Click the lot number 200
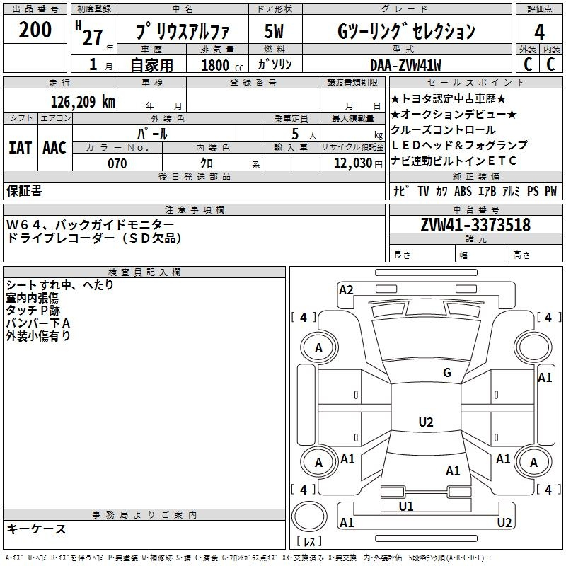[35, 30]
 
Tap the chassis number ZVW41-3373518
[475, 226]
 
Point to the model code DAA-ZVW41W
[405, 65]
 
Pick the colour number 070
[117, 163]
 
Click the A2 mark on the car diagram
[346, 289]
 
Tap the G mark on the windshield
[446, 373]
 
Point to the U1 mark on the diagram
[406, 506]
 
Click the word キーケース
[37, 529]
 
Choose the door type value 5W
[275, 31]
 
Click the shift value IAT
[20, 148]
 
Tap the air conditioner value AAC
[54, 148]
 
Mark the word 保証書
[24, 191]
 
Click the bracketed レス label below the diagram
[308, 543]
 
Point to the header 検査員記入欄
[144, 272]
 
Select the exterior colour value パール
[152, 133]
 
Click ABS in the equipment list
[463, 191]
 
